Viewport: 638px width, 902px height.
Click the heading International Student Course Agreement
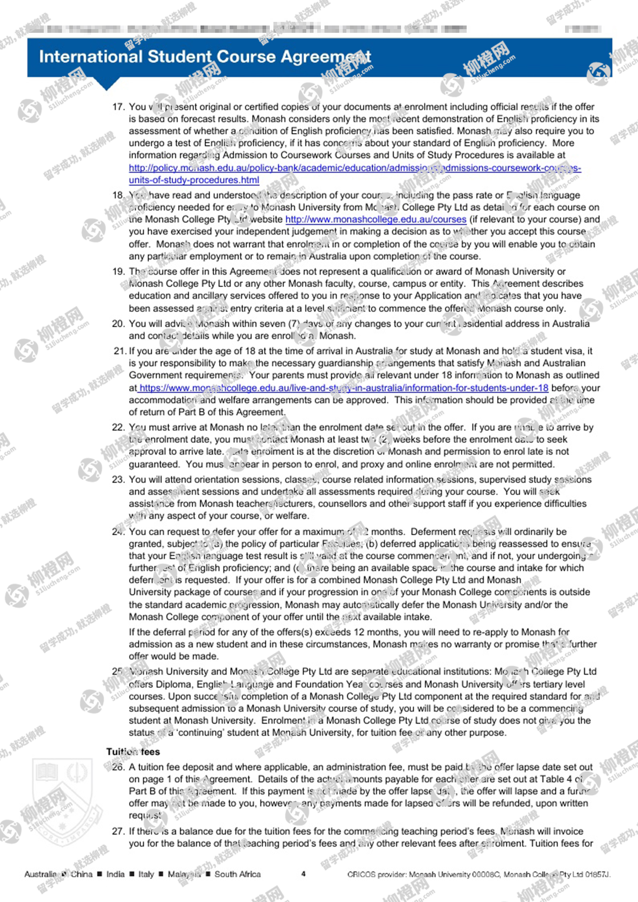[205, 57]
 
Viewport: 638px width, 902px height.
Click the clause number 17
[118, 107]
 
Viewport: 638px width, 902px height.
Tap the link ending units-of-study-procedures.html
[194, 180]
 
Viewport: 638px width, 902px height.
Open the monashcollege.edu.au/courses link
[376, 219]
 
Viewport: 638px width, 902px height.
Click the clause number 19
[118, 272]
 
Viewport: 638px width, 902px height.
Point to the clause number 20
[118, 323]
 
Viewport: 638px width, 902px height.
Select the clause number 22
[118, 427]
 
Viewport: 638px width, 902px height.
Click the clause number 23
[118, 479]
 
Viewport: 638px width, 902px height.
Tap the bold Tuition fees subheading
[133, 752]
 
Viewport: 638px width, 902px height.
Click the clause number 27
[118, 831]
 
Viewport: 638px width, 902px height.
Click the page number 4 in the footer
[304, 874]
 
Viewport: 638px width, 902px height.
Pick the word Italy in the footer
[146, 874]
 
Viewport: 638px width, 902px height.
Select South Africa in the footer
[237, 874]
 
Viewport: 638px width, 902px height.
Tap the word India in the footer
[115, 874]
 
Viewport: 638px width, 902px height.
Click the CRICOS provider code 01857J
[597, 874]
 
